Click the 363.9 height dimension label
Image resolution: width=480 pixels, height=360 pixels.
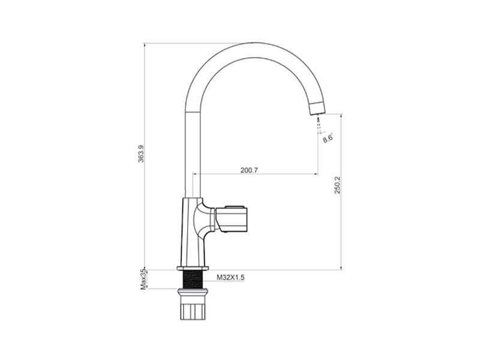(141, 158)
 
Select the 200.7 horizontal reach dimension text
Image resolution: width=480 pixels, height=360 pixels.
(249, 170)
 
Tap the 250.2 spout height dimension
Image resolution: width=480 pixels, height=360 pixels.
(337, 185)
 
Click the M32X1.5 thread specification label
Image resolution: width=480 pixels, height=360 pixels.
(231, 277)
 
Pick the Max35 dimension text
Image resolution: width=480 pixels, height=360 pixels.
(143, 280)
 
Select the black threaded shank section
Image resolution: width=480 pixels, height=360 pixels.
(193, 279)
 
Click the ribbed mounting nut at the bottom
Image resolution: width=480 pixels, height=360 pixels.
(193, 311)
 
